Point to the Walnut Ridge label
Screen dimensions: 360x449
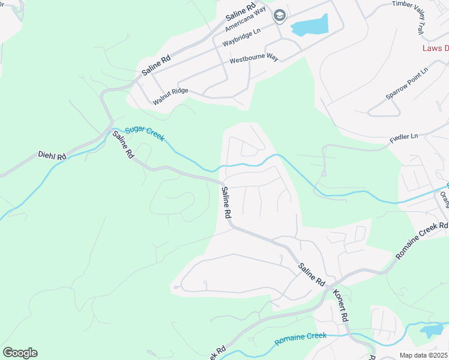coord(170,95)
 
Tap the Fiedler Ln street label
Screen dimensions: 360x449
coord(404,137)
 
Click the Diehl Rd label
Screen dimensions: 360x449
coord(52,156)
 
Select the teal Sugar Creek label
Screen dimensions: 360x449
coord(144,133)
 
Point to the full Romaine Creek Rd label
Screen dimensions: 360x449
coord(422,241)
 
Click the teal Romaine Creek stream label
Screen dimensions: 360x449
coord(301,338)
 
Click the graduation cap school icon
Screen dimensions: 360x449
coord(279,16)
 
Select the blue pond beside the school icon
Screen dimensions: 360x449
coord(310,26)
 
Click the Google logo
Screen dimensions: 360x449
coord(20,353)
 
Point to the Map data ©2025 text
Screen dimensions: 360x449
coord(423,355)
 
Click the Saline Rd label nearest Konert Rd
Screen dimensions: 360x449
coord(312,273)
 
